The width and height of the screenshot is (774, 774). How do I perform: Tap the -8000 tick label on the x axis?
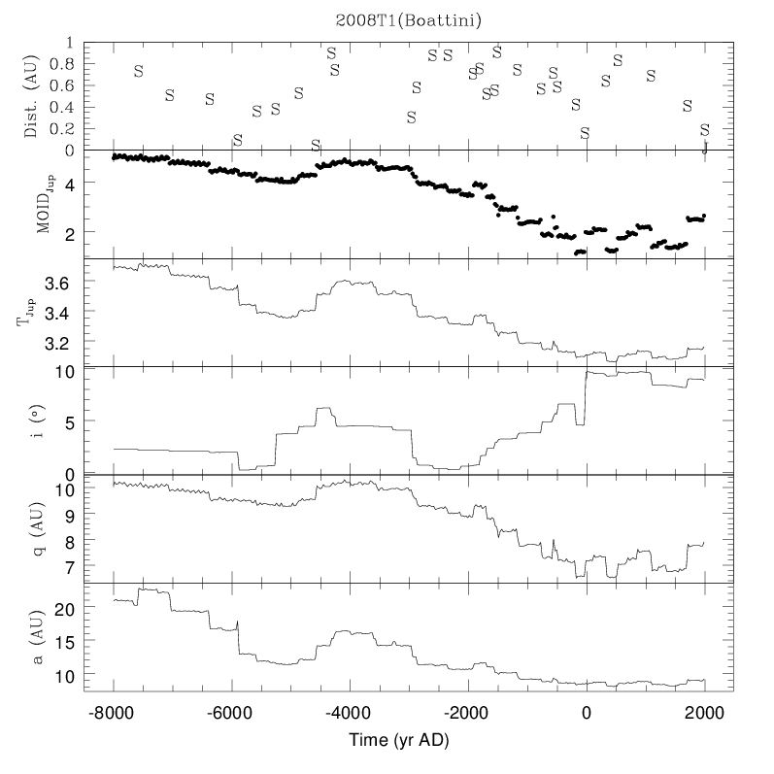pyautogui.click(x=114, y=712)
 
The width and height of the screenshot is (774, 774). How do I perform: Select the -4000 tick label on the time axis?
pyautogui.click(x=350, y=712)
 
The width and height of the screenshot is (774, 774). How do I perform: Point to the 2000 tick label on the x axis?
pyautogui.click(x=704, y=712)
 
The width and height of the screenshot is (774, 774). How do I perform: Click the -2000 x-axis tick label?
pyautogui.click(x=468, y=712)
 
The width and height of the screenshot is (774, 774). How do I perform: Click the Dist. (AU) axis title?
pyautogui.click(x=31, y=96)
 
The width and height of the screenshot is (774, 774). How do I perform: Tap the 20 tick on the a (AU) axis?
pyautogui.click(x=63, y=608)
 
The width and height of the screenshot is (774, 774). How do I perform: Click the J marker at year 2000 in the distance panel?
pyautogui.click(x=704, y=149)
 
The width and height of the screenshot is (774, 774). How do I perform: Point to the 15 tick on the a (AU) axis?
pyautogui.click(x=63, y=641)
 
